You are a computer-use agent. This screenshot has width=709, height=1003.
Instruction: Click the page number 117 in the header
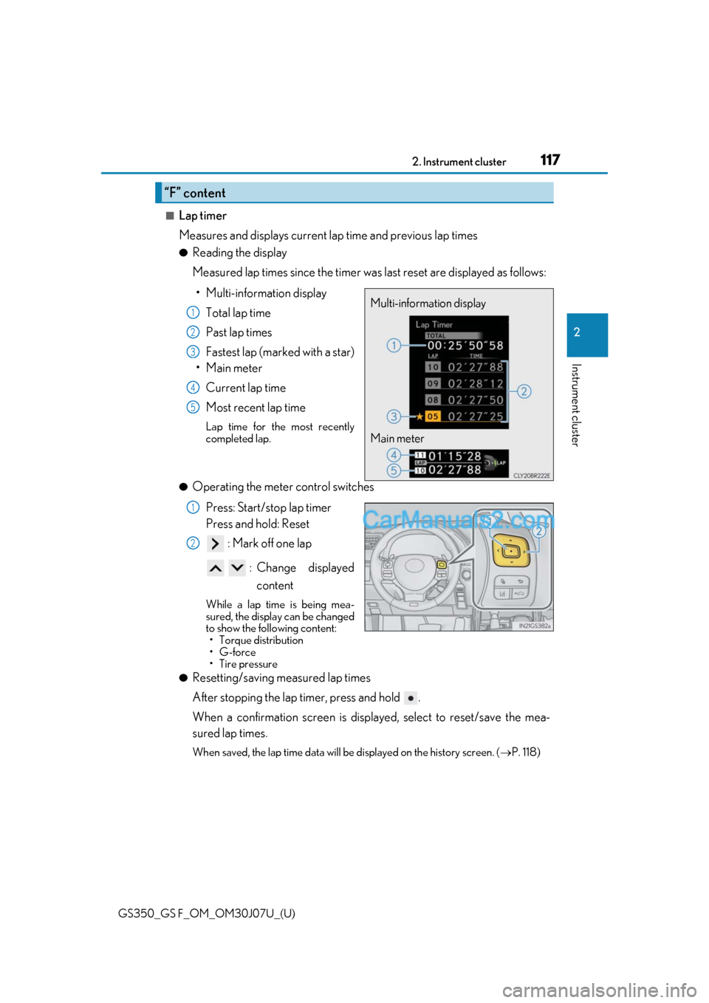click(550, 160)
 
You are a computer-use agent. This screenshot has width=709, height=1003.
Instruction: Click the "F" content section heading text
click(195, 193)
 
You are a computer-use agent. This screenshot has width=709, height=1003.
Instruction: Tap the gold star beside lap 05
click(419, 417)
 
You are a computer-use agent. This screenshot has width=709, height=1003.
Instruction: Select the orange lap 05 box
click(433, 417)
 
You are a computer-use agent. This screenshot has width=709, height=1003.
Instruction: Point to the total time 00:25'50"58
click(465, 346)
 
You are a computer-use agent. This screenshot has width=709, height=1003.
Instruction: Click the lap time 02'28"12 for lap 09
click(476, 384)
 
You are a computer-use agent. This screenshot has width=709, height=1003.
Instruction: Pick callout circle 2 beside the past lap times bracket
click(524, 391)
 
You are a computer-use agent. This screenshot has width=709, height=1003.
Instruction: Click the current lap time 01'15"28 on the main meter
click(454, 456)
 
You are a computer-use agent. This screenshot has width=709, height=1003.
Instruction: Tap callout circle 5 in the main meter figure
click(394, 470)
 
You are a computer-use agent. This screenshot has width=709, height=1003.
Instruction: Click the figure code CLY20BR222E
click(532, 476)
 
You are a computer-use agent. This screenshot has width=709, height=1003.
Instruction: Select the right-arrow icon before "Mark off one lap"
click(215, 544)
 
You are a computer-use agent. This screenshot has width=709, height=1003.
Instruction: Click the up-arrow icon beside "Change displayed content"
click(215, 568)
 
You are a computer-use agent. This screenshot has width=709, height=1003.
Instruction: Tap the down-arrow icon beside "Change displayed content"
click(237, 568)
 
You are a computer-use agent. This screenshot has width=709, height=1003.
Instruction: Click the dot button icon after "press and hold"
click(411, 698)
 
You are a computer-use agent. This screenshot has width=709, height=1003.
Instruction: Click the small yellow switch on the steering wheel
click(442, 565)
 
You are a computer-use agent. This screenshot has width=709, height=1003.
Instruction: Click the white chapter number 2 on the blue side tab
click(577, 332)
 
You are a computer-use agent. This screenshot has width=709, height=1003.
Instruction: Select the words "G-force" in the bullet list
click(237, 652)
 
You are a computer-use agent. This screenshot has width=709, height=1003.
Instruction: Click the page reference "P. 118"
click(525, 752)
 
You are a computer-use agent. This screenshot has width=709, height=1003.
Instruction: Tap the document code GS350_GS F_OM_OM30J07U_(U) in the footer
click(207, 913)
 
